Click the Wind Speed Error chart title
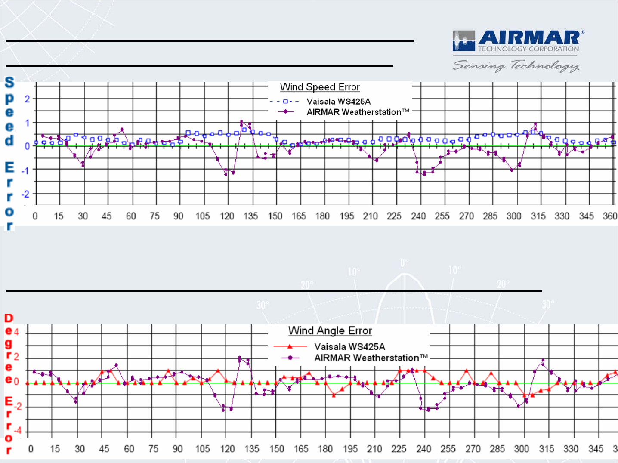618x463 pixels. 320,87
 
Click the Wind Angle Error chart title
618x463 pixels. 330,330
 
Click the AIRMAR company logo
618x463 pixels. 518,41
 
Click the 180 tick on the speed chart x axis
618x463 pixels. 322,216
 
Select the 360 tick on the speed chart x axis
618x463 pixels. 610,216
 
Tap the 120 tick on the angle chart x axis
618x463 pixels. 227,449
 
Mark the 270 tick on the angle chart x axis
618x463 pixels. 473,449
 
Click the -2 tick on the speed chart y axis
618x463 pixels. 26,194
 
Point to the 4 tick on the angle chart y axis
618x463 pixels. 16,332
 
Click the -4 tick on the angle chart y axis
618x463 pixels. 17,431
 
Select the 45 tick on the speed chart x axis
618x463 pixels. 106,216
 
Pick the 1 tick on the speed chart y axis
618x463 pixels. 27,123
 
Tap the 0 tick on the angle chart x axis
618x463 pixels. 31,449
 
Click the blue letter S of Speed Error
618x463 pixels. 9,82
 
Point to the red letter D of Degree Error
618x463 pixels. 9,318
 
